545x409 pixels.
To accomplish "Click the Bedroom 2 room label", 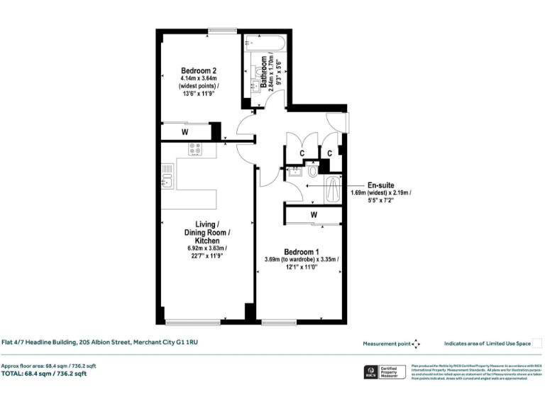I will tap(198, 70).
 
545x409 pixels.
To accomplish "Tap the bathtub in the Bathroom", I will tap(265, 43).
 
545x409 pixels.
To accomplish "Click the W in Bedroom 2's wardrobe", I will tap(185, 131).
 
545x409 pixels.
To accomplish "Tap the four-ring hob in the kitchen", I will tap(195, 149).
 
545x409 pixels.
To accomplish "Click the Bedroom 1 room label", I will tap(302, 252).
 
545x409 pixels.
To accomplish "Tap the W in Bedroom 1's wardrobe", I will tap(313, 214).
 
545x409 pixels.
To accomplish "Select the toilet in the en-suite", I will tap(313, 170).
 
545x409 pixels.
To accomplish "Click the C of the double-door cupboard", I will tap(302, 153).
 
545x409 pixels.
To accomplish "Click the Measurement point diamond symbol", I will tap(416, 344).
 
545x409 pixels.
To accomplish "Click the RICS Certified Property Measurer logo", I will tap(382, 372).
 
